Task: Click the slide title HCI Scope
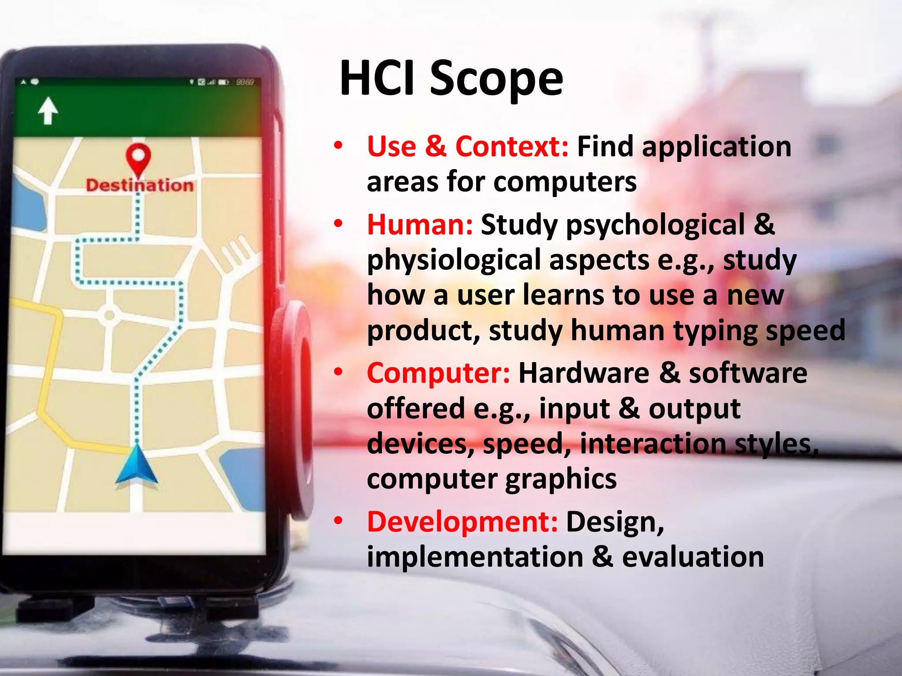(x=451, y=78)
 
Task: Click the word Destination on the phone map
(x=140, y=185)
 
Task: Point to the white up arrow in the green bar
(x=48, y=110)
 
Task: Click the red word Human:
(x=420, y=225)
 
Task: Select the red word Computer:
(x=438, y=373)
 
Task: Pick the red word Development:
(x=462, y=522)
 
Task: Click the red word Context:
(x=512, y=147)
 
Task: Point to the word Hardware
(x=584, y=373)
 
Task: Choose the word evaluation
(x=692, y=557)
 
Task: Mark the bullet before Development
(x=338, y=521)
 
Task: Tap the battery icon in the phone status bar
(x=223, y=82)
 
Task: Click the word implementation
(x=475, y=557)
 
